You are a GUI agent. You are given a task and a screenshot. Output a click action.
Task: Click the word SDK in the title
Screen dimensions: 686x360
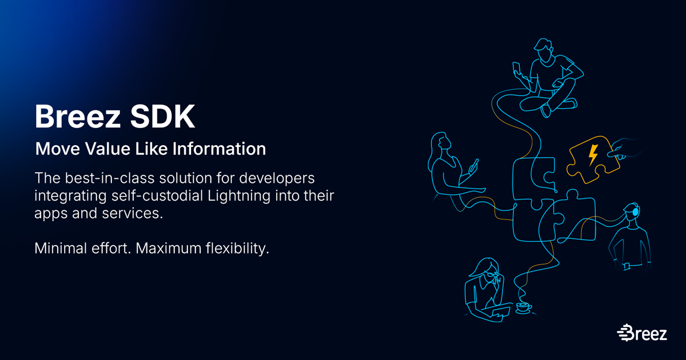[162, 117]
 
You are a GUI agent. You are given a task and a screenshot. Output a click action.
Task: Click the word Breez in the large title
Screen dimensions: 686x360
[78, 117]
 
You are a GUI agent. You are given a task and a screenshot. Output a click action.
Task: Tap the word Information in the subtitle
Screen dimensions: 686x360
[219, 149]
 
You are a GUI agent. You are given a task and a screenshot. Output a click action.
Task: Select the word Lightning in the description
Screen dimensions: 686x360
[239, 196]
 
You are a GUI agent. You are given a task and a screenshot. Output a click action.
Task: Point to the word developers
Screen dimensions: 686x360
[277, 178]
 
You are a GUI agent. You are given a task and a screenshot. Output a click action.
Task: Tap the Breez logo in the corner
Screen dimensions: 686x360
[642, 333]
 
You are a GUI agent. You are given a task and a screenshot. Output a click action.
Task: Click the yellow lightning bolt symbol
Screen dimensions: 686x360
[593, 155]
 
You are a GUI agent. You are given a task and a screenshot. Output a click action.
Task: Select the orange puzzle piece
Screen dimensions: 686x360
[593, 159]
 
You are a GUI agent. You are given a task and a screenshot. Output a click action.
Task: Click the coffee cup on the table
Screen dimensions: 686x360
[524, 307]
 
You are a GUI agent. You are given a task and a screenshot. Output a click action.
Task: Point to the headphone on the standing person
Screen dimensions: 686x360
[636, 211]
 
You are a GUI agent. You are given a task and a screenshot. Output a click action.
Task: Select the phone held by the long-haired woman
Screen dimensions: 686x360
[474, 166]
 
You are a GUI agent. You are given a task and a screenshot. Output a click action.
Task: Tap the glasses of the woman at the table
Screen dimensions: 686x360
[494, 275]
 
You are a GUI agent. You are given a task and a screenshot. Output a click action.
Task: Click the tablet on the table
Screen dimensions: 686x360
[501, 313]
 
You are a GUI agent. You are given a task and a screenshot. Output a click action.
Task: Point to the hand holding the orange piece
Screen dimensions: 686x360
[622, 149]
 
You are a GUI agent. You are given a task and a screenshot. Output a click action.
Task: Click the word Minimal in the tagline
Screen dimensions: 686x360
[61, 248]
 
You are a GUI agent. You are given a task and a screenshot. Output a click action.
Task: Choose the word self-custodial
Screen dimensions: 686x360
[157, 196]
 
